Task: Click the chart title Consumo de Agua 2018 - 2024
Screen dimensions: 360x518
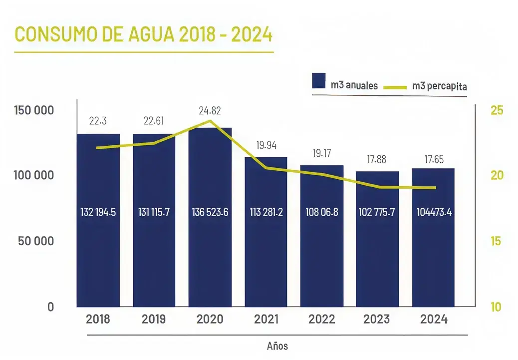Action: pyautogui.click(x=144, y=34)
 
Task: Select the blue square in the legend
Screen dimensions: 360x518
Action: pyautogui.click(x=319, y=81)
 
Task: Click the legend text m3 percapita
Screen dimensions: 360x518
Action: pyautogui.click(x=440, y=87)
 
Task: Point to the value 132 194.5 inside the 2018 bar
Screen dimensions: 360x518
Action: pyautogui.click(x=98, y=212)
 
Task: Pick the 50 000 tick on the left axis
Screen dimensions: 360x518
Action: pyautogui.click(x=35, y=241)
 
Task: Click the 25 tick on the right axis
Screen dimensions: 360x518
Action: pyautogui.click(x=497, y=110)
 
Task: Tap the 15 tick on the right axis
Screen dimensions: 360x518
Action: pyautogui.click(x=496, y=241)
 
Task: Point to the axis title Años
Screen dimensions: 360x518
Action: pyautogui.click(x=277, y=346)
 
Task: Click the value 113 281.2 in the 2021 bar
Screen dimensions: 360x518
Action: pyautogui.click(x=266, y=212)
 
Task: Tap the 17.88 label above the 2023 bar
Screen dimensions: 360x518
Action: pyautogui.click(x=378, y=160)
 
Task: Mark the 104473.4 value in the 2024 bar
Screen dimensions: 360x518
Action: pyautogui.click(x=434, y=212)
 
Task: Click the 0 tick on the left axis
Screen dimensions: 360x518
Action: pyautogui.click(x=50, y=307)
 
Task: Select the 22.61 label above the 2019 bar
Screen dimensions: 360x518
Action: pyautogui.click(x=154, y=121)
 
